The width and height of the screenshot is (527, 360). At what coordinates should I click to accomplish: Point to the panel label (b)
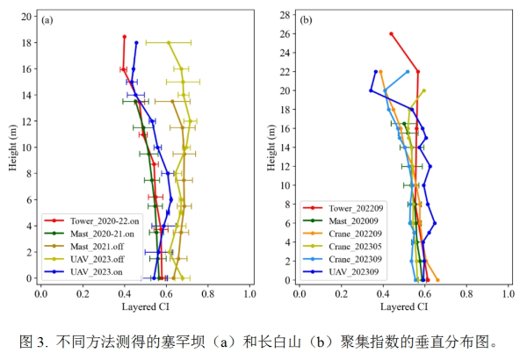308,19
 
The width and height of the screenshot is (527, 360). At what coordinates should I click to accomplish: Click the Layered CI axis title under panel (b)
404,307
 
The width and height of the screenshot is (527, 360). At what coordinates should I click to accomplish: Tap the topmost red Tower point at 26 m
391,34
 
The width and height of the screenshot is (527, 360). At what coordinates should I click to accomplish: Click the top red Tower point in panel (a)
124,37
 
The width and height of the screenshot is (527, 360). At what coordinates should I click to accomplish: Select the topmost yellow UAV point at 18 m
169,42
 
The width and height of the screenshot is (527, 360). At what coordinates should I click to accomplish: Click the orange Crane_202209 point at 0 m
437,279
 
